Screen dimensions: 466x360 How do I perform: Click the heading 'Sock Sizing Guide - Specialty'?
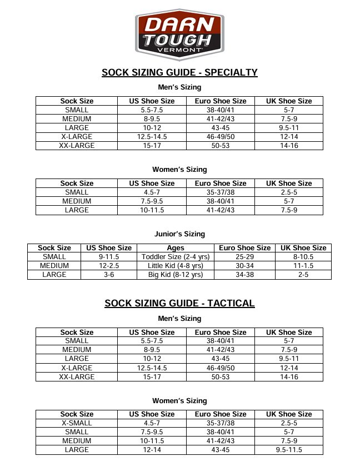point(179,72)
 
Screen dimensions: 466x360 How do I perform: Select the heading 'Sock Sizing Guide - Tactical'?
point(179,303)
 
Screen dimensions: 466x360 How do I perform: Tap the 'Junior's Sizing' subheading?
point(179,234)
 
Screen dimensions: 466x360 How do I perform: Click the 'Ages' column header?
point(176,248)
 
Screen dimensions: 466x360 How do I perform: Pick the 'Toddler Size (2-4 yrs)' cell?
point(176,257)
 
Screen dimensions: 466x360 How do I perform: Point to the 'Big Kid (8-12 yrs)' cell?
point(176,275)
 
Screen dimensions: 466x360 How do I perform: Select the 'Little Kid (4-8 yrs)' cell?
point(176,266)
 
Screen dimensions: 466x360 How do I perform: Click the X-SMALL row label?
point(77,423)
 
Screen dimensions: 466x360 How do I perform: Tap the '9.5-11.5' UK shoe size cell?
point(289,450)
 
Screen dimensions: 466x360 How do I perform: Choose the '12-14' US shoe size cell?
point(152,450)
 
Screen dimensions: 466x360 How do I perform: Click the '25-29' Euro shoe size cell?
point(244,257)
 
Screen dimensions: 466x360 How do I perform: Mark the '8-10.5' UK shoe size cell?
point(303,257)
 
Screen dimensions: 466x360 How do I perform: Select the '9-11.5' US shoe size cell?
point(109,257)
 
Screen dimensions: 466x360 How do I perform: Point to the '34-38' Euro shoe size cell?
point(244,275)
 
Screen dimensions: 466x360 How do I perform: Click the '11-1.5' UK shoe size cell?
point(303,266)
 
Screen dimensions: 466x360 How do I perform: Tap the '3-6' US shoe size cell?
point(109,275)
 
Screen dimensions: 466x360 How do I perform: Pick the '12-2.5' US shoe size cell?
point(109,266)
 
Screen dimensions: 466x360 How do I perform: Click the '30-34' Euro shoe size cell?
point(244,266)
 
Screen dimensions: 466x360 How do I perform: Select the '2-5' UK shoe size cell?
point(303,275)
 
